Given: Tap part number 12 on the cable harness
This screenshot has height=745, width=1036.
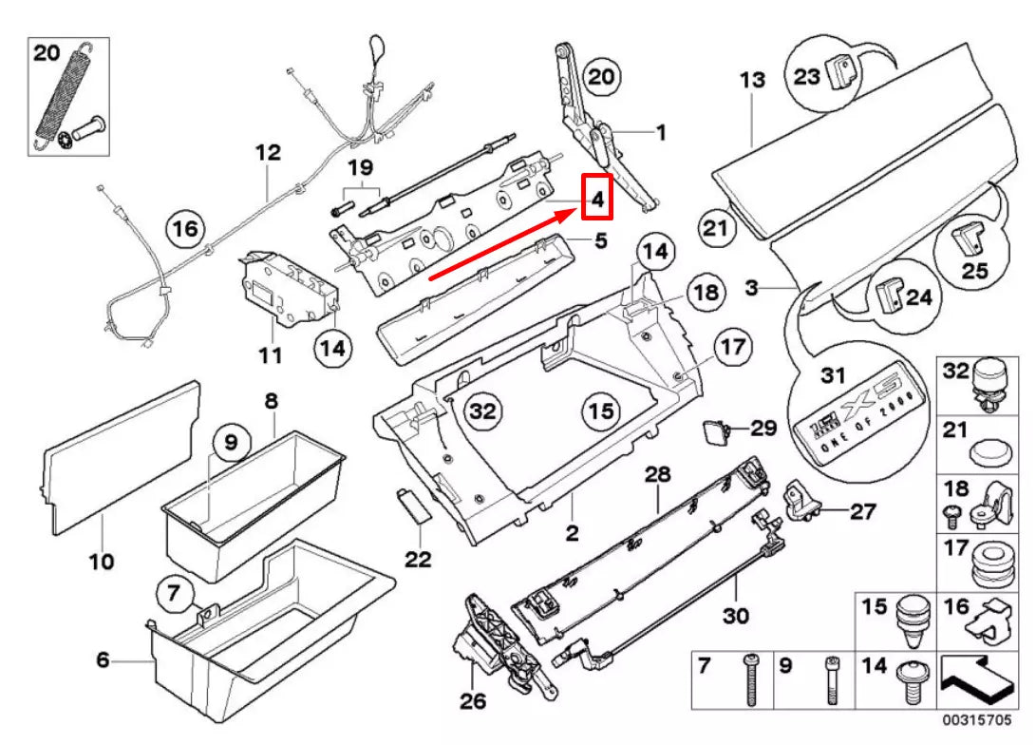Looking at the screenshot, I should (268, 152).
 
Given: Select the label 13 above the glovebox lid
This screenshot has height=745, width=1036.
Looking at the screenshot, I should (752, 80).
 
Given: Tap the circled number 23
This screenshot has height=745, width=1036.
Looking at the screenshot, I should (806, 75).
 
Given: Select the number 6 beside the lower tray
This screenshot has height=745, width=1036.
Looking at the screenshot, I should (103, 660).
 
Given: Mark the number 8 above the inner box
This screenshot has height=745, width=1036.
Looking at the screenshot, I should (271, 402).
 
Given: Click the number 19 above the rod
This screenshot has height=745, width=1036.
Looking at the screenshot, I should (360, 168).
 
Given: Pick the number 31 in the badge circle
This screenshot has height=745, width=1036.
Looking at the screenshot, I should (832, 376).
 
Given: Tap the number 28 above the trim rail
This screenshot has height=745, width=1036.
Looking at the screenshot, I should (657, 472).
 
